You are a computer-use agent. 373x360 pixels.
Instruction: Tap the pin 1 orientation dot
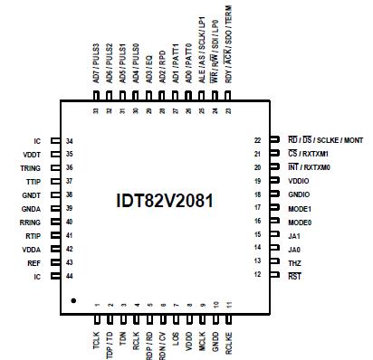[x=74, y=298]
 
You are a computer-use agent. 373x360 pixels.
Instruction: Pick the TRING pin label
[x=30, y=167]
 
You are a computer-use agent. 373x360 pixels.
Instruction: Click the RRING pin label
[x=30, y=221]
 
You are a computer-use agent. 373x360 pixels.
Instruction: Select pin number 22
[x=258, y=141]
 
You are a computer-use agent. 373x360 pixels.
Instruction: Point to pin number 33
[x=97, y=110]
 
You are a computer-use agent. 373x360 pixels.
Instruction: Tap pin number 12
[x=258, y=274]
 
